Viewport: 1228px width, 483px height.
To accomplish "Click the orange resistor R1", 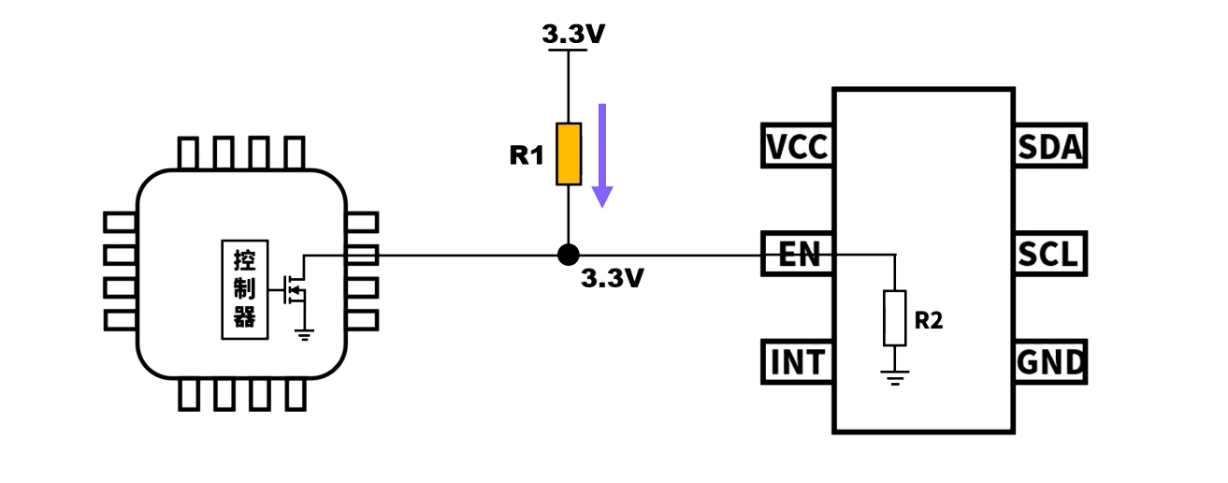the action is click(569, 154).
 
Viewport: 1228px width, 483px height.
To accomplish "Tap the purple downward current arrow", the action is click(602, 155).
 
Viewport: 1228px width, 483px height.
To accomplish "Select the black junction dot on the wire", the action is click(569, 255).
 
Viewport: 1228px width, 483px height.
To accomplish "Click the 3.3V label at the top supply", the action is click(573, 34).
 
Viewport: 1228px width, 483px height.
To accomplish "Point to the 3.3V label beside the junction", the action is click(613, 278).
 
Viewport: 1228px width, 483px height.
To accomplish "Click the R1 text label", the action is click(527, 155).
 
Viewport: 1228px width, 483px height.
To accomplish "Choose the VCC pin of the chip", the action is click(797, 145).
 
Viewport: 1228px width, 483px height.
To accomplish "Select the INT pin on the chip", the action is click(797, 361).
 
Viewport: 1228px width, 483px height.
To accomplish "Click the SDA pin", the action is click(1051, 145).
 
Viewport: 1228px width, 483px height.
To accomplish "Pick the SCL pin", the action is click(1051, 254).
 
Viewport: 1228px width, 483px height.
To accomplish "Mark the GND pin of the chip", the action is click(1051, 361).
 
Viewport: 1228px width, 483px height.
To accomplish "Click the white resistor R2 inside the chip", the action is click(895, 318).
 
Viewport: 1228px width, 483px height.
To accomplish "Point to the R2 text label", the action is click(929, 320).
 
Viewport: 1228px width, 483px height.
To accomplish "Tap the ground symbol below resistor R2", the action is click(895, 378).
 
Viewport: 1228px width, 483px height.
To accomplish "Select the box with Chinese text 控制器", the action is click(244, 290).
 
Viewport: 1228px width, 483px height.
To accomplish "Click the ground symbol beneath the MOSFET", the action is click(304, 334).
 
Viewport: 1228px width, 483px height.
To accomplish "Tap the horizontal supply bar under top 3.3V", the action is click(568, 50).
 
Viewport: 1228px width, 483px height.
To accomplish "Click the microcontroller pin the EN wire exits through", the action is click(362, 256).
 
